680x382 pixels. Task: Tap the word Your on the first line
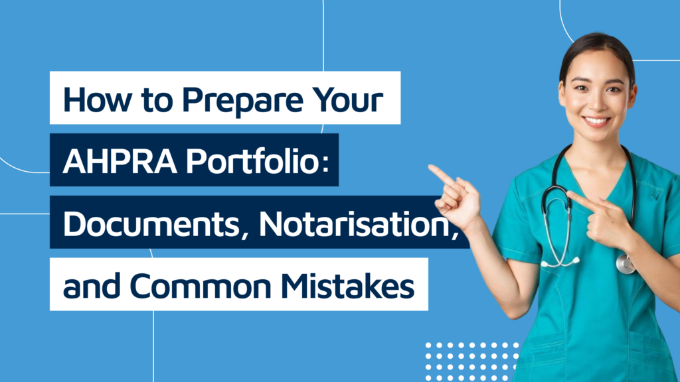click(348, 99)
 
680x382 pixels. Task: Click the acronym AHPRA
click(120, 162)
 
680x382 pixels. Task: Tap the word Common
click(201, 286)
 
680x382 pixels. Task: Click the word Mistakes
click(347, 286)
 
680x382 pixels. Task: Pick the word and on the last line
click(92, 286)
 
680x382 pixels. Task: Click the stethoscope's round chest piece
click(626, 264)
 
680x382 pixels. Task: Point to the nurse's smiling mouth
click(596, 121)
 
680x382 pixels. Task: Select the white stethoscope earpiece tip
click(575, 260)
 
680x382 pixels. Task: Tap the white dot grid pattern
click(472, 361)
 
